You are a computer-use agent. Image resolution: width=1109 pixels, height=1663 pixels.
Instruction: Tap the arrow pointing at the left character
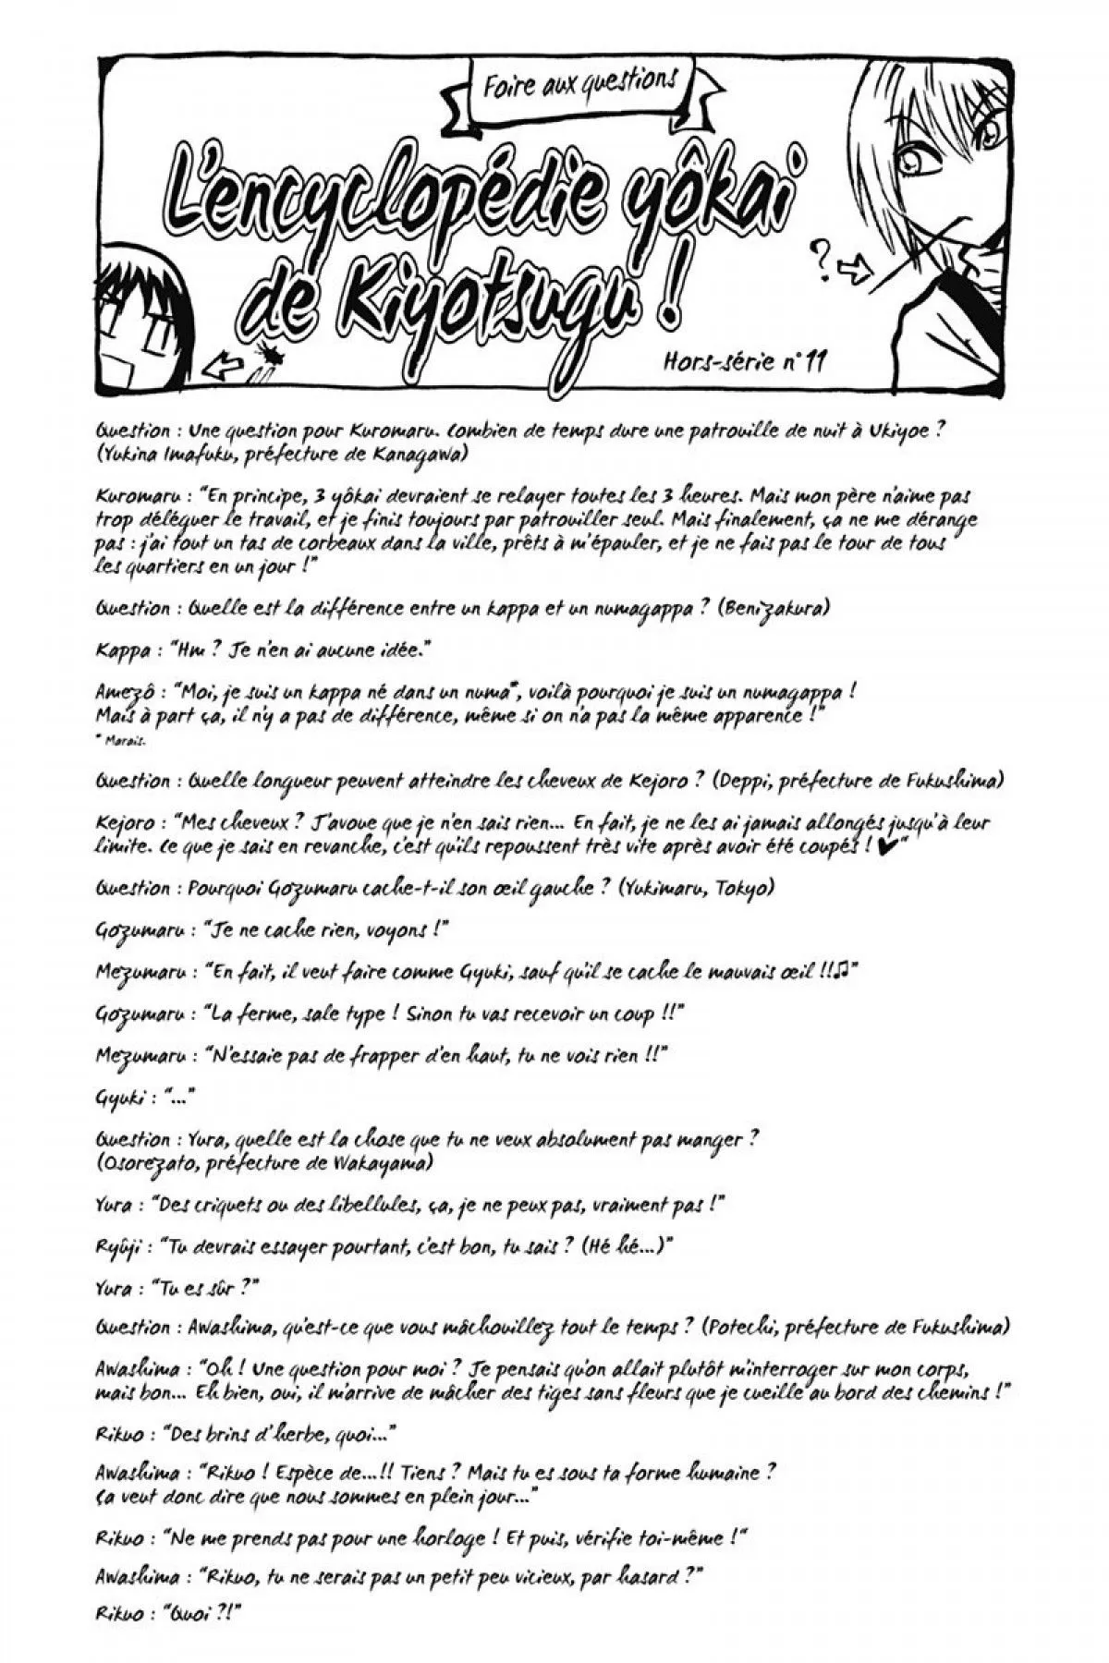219,370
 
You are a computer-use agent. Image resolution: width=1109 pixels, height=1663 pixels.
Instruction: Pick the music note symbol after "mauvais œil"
841,970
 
